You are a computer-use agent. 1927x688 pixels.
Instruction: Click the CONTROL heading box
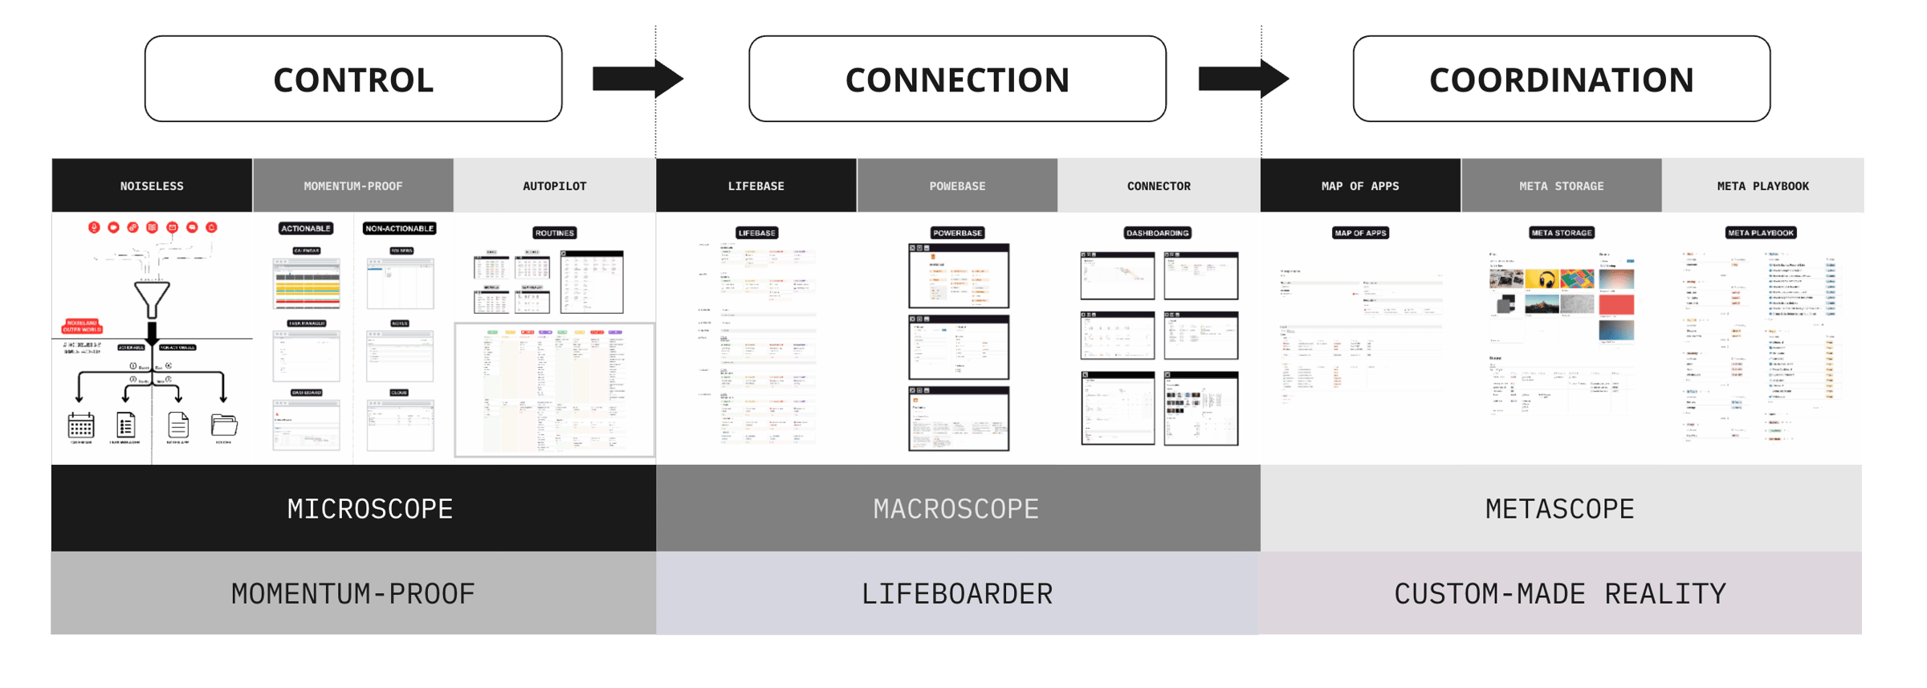click(x=353, y=79)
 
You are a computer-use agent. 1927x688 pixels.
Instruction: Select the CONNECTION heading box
click(x=957, y=79)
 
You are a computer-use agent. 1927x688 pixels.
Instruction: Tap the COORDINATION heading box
click(x=1561, y=79)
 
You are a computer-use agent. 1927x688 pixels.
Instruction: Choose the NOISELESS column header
click(x=152, y=185)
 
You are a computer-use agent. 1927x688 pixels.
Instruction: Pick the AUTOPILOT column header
click(x=555, y=185)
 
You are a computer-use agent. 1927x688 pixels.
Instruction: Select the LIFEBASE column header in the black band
click(x=756, y=185)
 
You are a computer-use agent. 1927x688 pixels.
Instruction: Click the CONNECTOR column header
click(x=1159, y=185)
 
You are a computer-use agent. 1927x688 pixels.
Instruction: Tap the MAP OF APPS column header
click(x=1360, y=185)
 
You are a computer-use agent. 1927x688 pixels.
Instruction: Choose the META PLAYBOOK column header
click(x=1762, y=185)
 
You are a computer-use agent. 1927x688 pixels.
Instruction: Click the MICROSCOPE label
click(x=370, y=508)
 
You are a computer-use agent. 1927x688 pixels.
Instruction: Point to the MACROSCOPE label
click(x=956, y=508)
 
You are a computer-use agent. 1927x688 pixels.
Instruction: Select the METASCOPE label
click(x=1559, y=508)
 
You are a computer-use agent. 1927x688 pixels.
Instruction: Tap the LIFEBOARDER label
click(x=956, y=593)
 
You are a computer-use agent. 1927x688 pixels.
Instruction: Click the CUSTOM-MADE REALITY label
click(x=1559, y=593)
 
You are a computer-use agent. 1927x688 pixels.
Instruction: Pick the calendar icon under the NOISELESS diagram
click(x=81, y=425)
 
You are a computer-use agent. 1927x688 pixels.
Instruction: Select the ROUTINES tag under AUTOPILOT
click(x=554, y=233)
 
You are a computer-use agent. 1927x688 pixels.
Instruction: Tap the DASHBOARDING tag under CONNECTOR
click(x=1157, y=233)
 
